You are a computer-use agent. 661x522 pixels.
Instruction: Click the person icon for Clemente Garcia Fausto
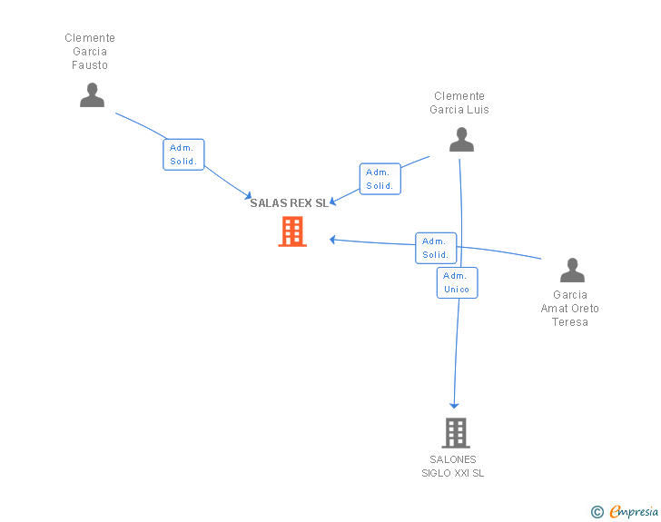pos(92,95)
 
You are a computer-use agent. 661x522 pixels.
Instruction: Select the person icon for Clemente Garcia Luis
pos(461,140)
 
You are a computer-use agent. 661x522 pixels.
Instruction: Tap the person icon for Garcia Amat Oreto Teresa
pos(572,271)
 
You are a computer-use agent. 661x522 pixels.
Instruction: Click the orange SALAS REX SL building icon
pos(291,231)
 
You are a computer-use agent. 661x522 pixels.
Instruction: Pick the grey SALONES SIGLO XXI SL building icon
pos(455,433)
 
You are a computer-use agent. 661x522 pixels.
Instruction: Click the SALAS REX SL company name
pos(289,203)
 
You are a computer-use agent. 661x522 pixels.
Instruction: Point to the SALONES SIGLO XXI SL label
pos(453,466)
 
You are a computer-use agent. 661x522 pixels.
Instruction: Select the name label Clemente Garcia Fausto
pos(90,52)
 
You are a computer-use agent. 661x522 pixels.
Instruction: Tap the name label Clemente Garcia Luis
pos(459,103)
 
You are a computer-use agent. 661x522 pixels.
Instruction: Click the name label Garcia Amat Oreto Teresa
pos(570,309)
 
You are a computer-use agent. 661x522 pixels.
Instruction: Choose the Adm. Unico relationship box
pos(457,282)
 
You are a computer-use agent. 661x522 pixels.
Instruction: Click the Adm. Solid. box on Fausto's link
pos(184,154)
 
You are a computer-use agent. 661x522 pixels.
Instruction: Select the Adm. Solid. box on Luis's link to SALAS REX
pos(380,179)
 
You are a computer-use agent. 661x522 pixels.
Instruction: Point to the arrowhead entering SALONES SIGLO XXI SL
pos(454,405)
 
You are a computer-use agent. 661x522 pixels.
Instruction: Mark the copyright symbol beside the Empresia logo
pos(597,512)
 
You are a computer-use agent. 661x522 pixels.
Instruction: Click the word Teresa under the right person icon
pos(570,322)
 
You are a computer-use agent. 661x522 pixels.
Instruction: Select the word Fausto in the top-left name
pos(90,65)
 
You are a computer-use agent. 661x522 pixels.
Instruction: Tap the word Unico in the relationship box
pos(457,290)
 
